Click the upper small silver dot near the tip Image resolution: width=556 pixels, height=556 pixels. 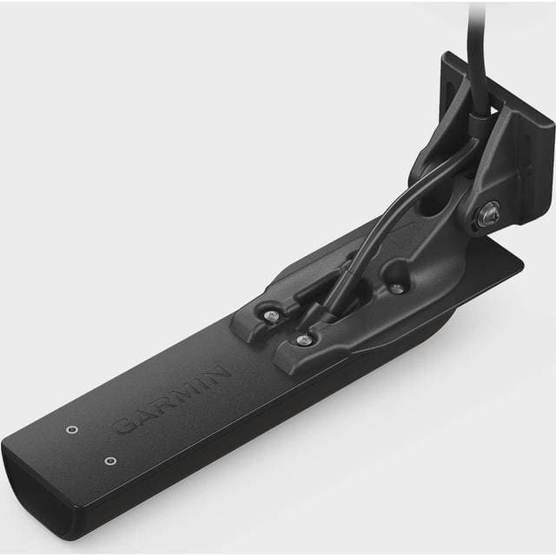(72, 429)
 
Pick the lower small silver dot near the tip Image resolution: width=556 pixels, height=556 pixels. (109, 460)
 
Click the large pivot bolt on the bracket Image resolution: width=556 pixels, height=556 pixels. (489, 211)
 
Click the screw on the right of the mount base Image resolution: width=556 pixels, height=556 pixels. (396, 288)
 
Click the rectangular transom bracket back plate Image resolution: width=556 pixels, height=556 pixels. (521, 139)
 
